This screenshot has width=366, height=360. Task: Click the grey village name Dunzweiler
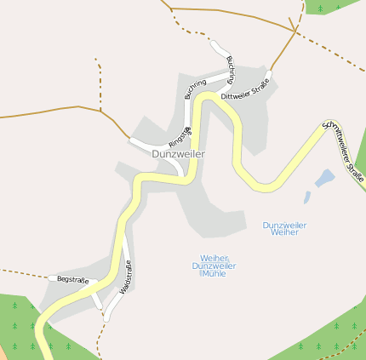pyautogui.click(x=178, y=154)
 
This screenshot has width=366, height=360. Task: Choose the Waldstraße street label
pyautogui.click(x=126, y=277)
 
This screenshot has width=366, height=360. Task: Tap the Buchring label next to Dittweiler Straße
pyautogui.click(x=231, y=69)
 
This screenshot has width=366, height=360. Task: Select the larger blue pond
pyautogui.click(x=324, y=178)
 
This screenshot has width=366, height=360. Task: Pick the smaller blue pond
pyautogui.click(x=307, y=197)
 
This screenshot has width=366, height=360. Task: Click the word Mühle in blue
pyautogui.click(x=212, y=274)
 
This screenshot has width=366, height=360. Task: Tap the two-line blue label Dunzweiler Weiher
pyautogui.click(x=284, y=228)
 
